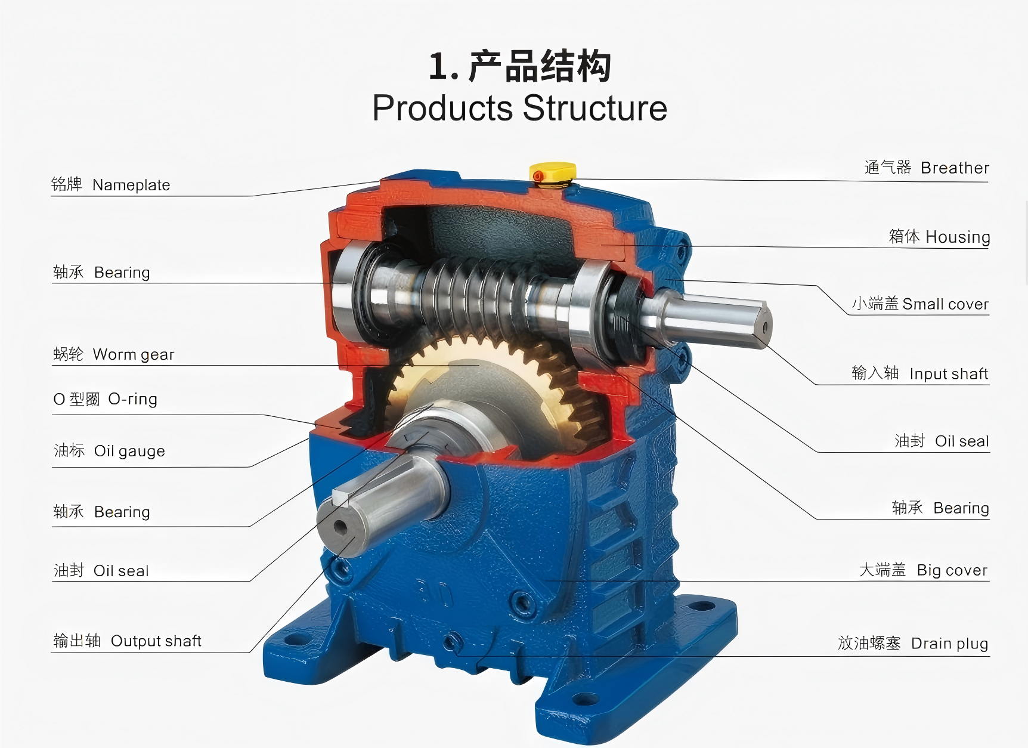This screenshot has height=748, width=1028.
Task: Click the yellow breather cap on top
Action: pos(553,172)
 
